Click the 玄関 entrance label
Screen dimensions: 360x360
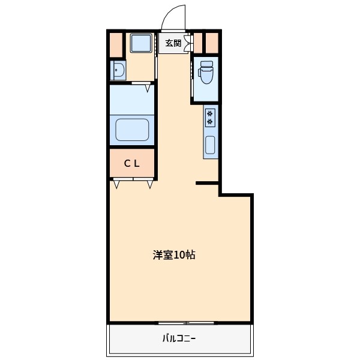(173, 43)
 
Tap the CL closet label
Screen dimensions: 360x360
(132, 163)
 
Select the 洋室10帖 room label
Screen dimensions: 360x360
(173, 255)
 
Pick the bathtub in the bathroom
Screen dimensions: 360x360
(132, 130)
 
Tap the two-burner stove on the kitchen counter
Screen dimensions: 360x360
(210, 118)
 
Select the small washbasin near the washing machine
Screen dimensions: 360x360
(117, 71)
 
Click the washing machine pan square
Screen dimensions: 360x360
(141, 43)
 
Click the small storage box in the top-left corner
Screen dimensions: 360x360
(115, 43)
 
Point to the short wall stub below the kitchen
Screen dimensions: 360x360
(206, 183)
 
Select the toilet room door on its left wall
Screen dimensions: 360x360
(192, 71)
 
